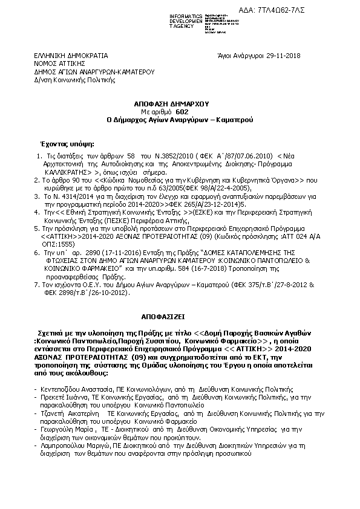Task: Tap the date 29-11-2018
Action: (x=278, y=56)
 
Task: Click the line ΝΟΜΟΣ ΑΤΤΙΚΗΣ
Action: (x=59, y=63)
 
